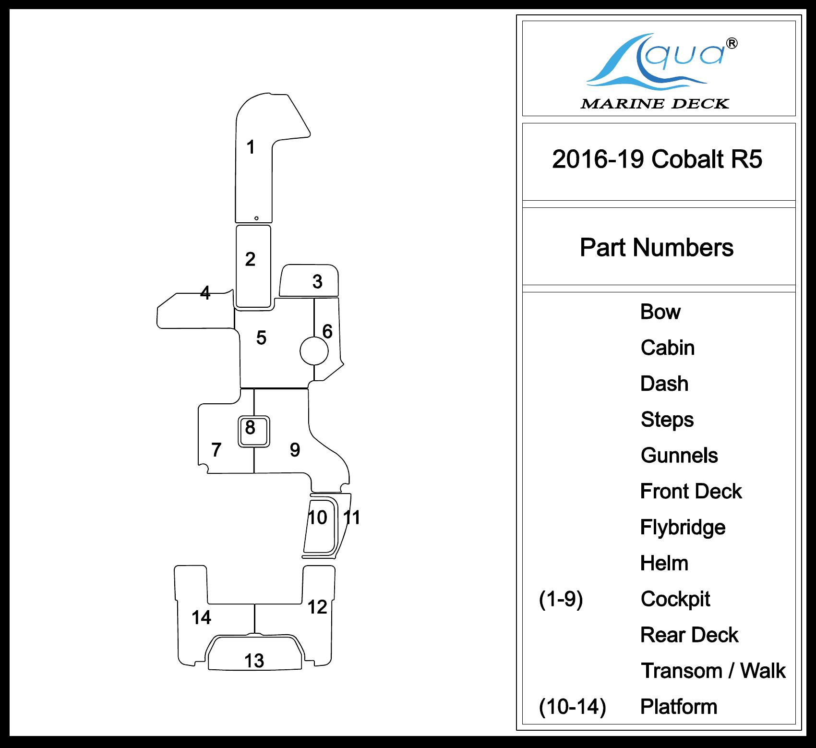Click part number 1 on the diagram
click(x=250, y=147)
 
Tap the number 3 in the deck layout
click(x=317, y=282)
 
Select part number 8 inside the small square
click(x=250, y=427)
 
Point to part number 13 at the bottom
click(x=254, y=661)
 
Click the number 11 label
click(x=352, y=518)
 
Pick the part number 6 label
click(x=327, y=331)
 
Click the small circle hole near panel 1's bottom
click(x=256, y=218)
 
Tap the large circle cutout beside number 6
click(x=314, y=351)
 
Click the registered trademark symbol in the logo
click(x=732, y=44)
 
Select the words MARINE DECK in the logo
click(x=655, y=104)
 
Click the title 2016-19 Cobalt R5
click(x=657, y=159)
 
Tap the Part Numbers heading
click(x=657, y=248)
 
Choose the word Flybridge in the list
click(x=683, y=528)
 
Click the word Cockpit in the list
click(x=675, y=599)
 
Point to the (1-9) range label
click(x=561, y=599)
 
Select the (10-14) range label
click(x=572, y=707)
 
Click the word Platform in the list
click(x=679, y=707)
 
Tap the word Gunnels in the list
click(x=679, y=456)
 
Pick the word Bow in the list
click(x=660, y=312)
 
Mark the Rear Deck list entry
click(x=689, y=635)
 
